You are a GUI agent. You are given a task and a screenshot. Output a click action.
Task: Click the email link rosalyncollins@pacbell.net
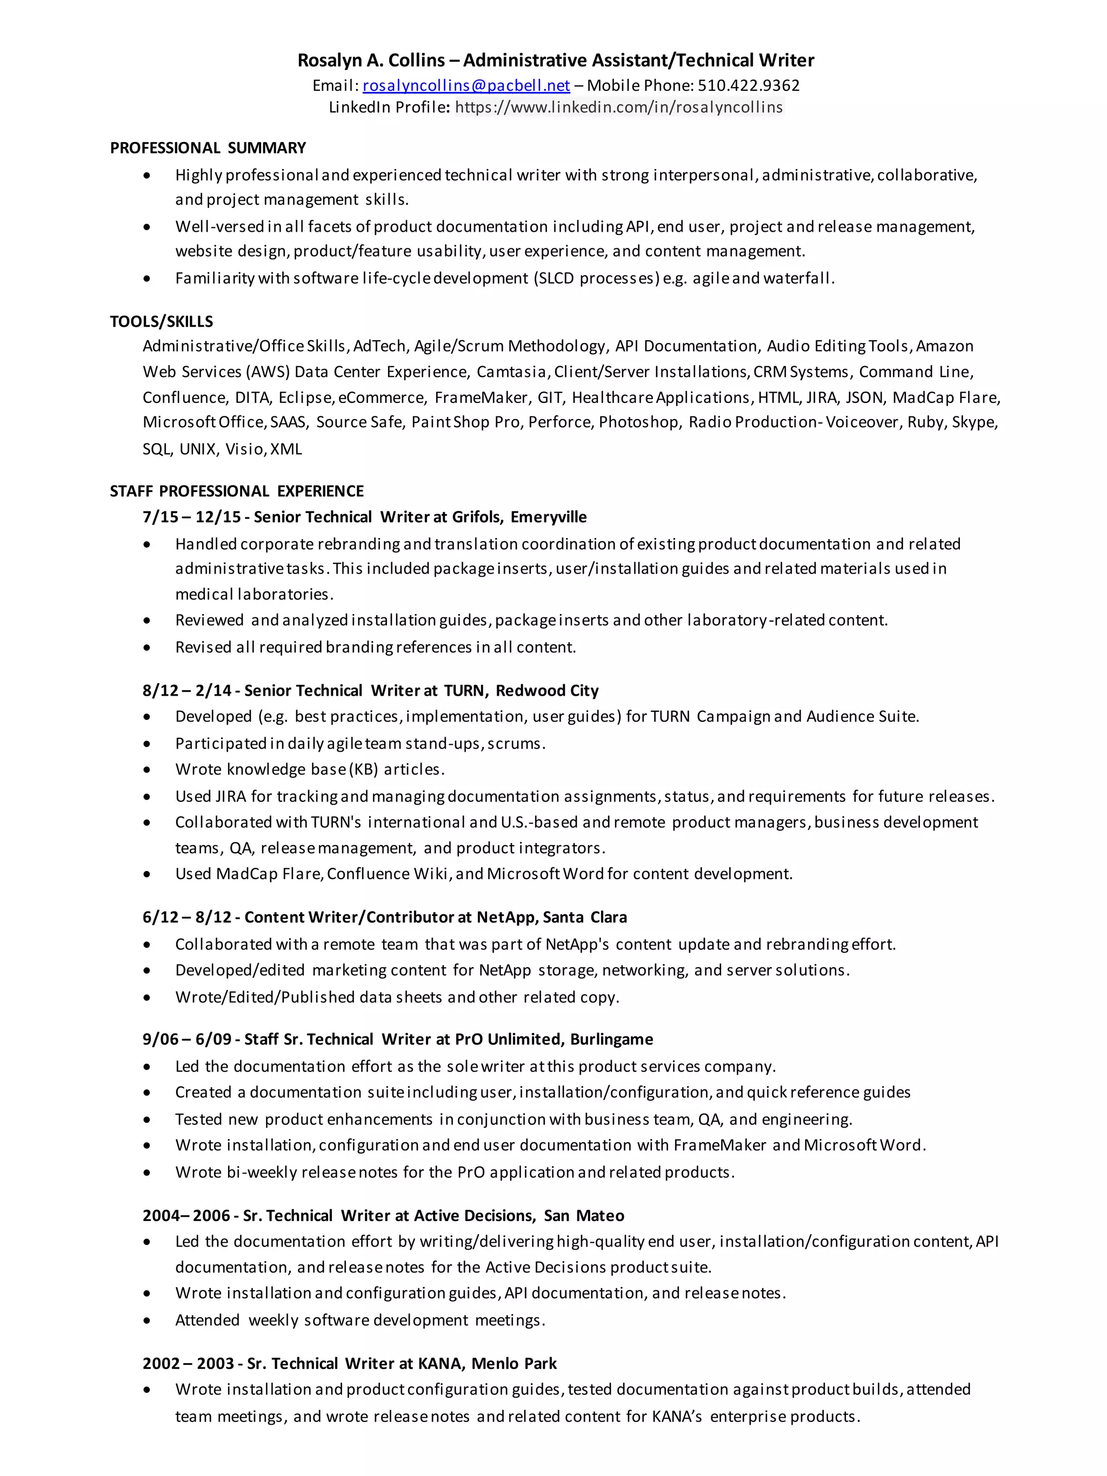click(x=466, y=85)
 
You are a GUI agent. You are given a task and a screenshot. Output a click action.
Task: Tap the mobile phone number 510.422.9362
click(x=749, y=85)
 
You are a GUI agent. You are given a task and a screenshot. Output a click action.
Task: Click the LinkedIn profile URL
click(x=619, y=107)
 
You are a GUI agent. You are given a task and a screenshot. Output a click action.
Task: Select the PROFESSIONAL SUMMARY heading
click(x=208, y=148)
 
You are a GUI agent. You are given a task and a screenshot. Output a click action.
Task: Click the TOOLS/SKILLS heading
click(x=162, y=322)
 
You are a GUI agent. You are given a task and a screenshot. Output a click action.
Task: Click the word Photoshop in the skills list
click(x=638, y=422)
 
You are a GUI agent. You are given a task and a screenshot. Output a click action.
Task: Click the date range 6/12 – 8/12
click(x=187, y=918)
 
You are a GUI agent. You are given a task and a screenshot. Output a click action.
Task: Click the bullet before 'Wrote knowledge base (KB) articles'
click(x=147, y=770)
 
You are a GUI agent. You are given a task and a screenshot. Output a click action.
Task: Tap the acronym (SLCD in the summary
click(x=553, y=278)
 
